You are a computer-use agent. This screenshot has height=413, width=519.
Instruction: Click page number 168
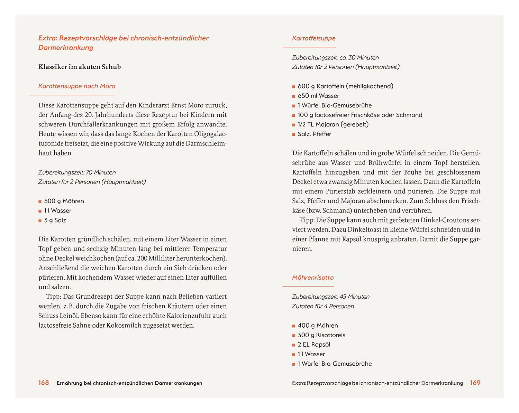coord(44,383)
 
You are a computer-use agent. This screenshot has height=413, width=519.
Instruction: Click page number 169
coord(475,383)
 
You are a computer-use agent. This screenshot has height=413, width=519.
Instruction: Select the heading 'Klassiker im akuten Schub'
coord(80,67)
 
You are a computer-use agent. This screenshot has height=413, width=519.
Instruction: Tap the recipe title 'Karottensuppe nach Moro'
coord(76,86)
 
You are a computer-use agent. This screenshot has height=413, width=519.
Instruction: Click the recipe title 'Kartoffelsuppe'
coord(313,38)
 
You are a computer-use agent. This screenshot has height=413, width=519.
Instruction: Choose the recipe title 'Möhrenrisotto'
coord(312,278)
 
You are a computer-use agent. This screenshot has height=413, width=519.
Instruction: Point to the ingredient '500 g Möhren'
coord(64,201)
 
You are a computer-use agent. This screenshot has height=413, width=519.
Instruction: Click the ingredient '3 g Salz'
coord(55,220)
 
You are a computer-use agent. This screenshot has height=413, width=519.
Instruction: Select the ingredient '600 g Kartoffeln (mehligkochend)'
coord(345,86)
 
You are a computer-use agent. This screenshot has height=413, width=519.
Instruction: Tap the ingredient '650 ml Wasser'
coord(318,96)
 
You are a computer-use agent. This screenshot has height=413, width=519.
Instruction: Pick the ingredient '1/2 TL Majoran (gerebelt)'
coord(333,124)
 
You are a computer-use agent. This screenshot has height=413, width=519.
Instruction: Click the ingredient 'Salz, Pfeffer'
coord(314,134)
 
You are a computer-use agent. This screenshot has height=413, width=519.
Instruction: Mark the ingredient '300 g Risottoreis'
coord(321,335)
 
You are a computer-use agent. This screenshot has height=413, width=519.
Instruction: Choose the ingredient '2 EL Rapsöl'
coord(314,345)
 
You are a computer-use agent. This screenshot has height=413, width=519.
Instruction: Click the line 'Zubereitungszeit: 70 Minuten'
coord(77,172)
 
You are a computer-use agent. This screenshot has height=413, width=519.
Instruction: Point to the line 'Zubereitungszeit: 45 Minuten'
coord(330,297)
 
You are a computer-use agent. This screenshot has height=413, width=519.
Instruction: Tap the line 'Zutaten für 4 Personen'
coord(323,306)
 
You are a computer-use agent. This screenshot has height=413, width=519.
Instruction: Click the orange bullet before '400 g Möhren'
coord(294,326)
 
